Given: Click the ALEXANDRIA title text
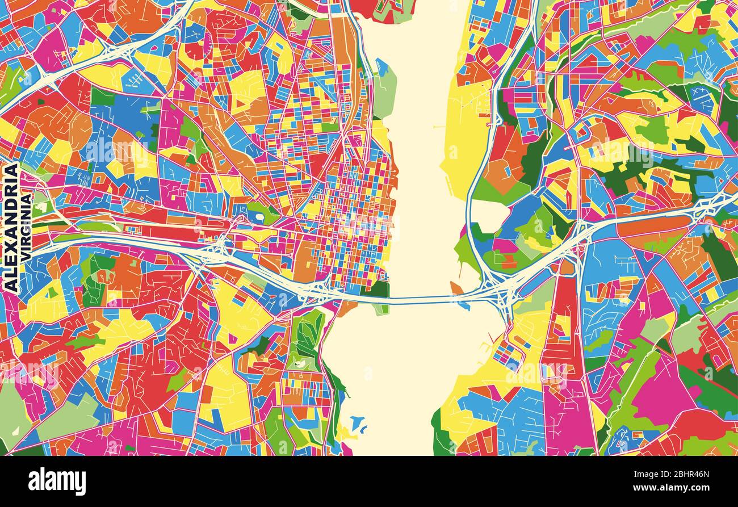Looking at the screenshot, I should coord(11,228).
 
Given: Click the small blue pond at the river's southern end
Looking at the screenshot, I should coord(357,423).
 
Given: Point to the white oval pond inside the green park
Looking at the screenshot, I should coord(260,216).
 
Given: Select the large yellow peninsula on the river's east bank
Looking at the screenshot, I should coord(463,136).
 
